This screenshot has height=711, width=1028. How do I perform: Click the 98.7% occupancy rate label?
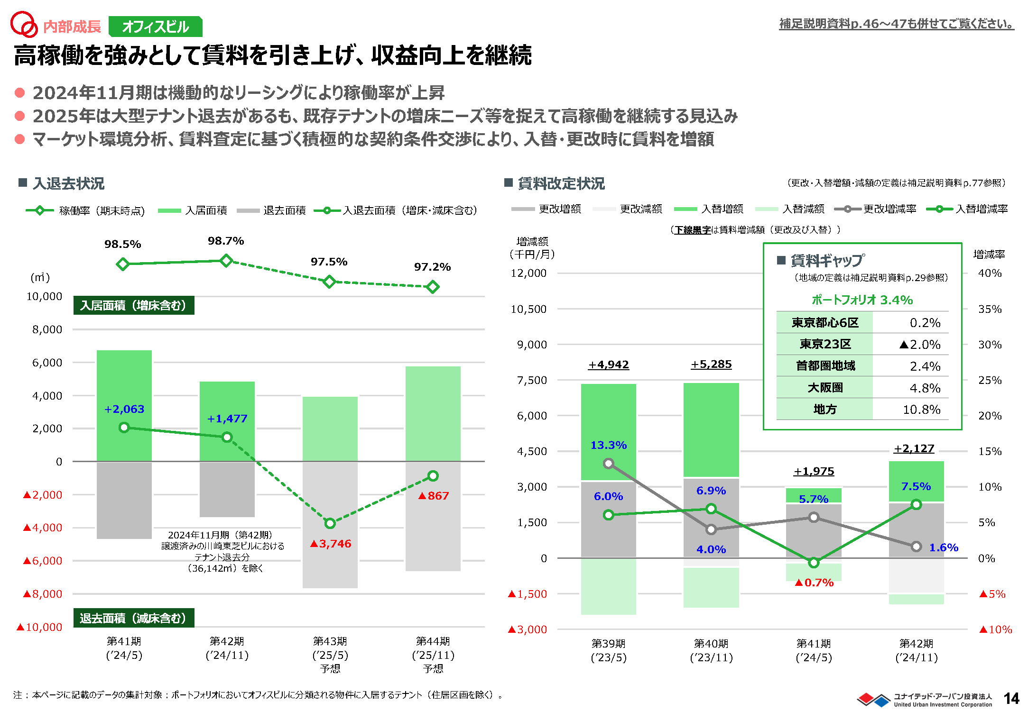pos(226,241)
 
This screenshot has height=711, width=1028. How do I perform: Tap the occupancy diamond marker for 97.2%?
pos(432,287)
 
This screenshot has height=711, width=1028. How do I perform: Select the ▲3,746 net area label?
pos(331,544)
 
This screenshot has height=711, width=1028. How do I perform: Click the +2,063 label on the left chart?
pos(124,409)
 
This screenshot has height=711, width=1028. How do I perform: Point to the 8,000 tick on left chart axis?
pos(47,329)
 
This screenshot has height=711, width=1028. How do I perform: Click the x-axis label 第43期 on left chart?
pos(330,641)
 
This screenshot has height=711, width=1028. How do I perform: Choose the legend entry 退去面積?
pos(284,210)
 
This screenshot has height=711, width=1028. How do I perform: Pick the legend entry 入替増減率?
pos(981,209)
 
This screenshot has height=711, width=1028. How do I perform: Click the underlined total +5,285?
pos(711,365)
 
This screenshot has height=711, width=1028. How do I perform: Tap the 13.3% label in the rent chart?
pos(609,445)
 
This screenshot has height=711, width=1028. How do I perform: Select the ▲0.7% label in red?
pos(814,583)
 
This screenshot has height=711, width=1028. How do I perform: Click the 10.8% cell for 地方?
pos(921,410)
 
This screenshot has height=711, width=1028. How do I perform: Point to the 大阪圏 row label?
pos(825,388)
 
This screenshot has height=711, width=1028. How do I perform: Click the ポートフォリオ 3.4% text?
pos(862,300)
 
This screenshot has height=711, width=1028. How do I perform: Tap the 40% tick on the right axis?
pos(990,273)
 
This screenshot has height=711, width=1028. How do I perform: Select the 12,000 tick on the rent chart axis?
pos(528,273)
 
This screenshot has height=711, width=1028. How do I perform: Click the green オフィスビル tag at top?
pos(156,27)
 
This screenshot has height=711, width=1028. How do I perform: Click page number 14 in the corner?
pos(1011,699)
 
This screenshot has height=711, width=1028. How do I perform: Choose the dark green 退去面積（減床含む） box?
pos(133,618)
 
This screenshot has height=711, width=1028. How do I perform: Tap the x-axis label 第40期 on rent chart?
pos(711,644)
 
